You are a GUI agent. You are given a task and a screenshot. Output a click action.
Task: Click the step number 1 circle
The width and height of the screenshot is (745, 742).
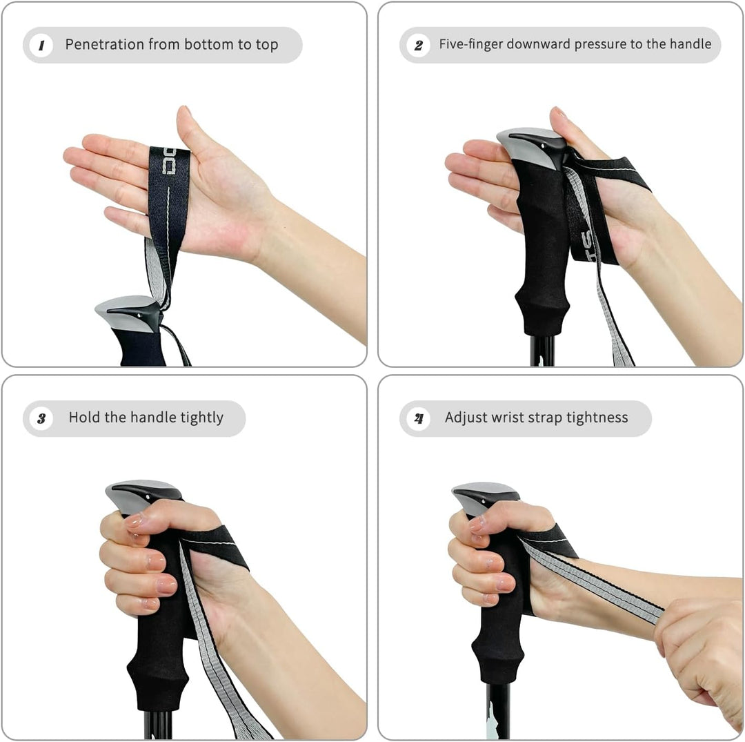[41, 46]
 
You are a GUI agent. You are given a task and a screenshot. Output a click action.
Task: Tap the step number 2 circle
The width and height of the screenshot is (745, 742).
[419, 46]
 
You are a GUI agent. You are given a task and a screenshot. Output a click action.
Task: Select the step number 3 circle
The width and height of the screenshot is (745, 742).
[41, 419]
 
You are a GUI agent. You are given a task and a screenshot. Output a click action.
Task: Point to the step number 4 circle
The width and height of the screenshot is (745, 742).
[419, 419]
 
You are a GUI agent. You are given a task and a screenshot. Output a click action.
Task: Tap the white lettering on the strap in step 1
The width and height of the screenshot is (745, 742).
[169, 161]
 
